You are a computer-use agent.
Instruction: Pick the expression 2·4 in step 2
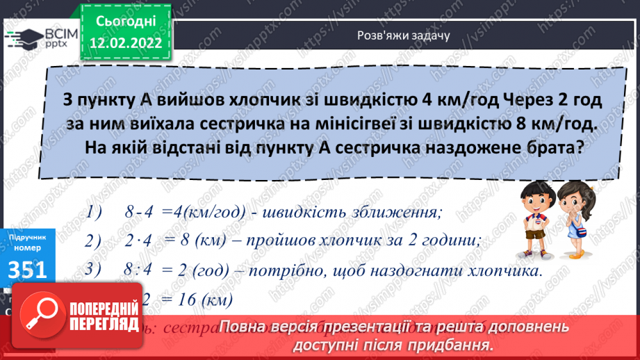pyautogui.click(x=139, y=242)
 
